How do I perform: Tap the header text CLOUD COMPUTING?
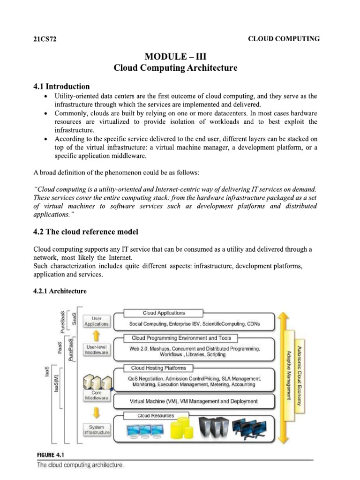click(x=284, y=39)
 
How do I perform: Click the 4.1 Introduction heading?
click(x=61, y=86)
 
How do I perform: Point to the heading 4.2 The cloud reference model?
click(x=86, y=232)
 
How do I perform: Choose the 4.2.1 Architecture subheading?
click(x=60, y=291)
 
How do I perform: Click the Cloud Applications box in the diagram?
click(x=164, y=313)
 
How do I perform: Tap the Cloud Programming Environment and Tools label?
click(x=181, y=337)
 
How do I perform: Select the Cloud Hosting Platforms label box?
click(x=158, y=368)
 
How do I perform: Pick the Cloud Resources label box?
click(x=156, y=416)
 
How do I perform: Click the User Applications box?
click(x=97, y=321)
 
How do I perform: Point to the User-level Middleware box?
click(x=97, y=350)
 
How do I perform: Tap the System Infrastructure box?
click(x=97, y=430)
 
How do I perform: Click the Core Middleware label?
click(x=97, y=395)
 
